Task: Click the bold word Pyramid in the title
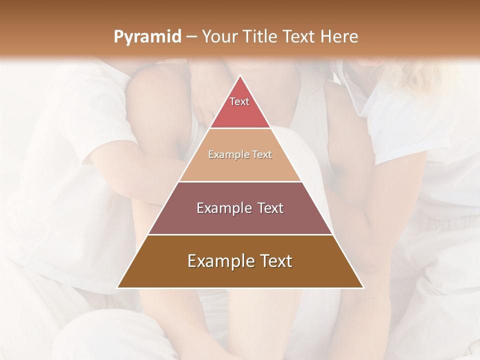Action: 147,37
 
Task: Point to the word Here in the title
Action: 339,37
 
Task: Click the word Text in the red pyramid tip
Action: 239,101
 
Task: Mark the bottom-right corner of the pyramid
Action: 363,287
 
